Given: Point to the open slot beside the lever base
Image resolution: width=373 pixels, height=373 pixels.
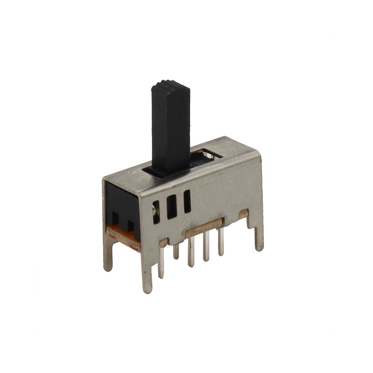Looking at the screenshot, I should coord(206,155).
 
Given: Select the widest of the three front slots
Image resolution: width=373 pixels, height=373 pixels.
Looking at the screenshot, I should coord(172,206).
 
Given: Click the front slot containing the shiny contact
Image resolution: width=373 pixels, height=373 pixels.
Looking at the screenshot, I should coord(156,211).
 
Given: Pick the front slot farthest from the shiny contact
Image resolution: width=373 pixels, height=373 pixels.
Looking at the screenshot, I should coord(187,201).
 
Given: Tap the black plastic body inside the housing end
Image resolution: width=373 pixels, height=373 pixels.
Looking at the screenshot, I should coord(121,205).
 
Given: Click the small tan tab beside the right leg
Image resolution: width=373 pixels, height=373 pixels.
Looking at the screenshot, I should coord(243,213).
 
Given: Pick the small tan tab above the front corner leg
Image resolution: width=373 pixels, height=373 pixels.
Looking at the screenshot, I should coord(163,242).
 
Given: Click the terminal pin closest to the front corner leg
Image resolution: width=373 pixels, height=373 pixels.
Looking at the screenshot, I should coord(161,263).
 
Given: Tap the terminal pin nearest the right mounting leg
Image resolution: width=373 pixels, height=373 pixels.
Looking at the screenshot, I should coord(221,242).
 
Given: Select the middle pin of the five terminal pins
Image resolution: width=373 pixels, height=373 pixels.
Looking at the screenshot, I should coord(191,252).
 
